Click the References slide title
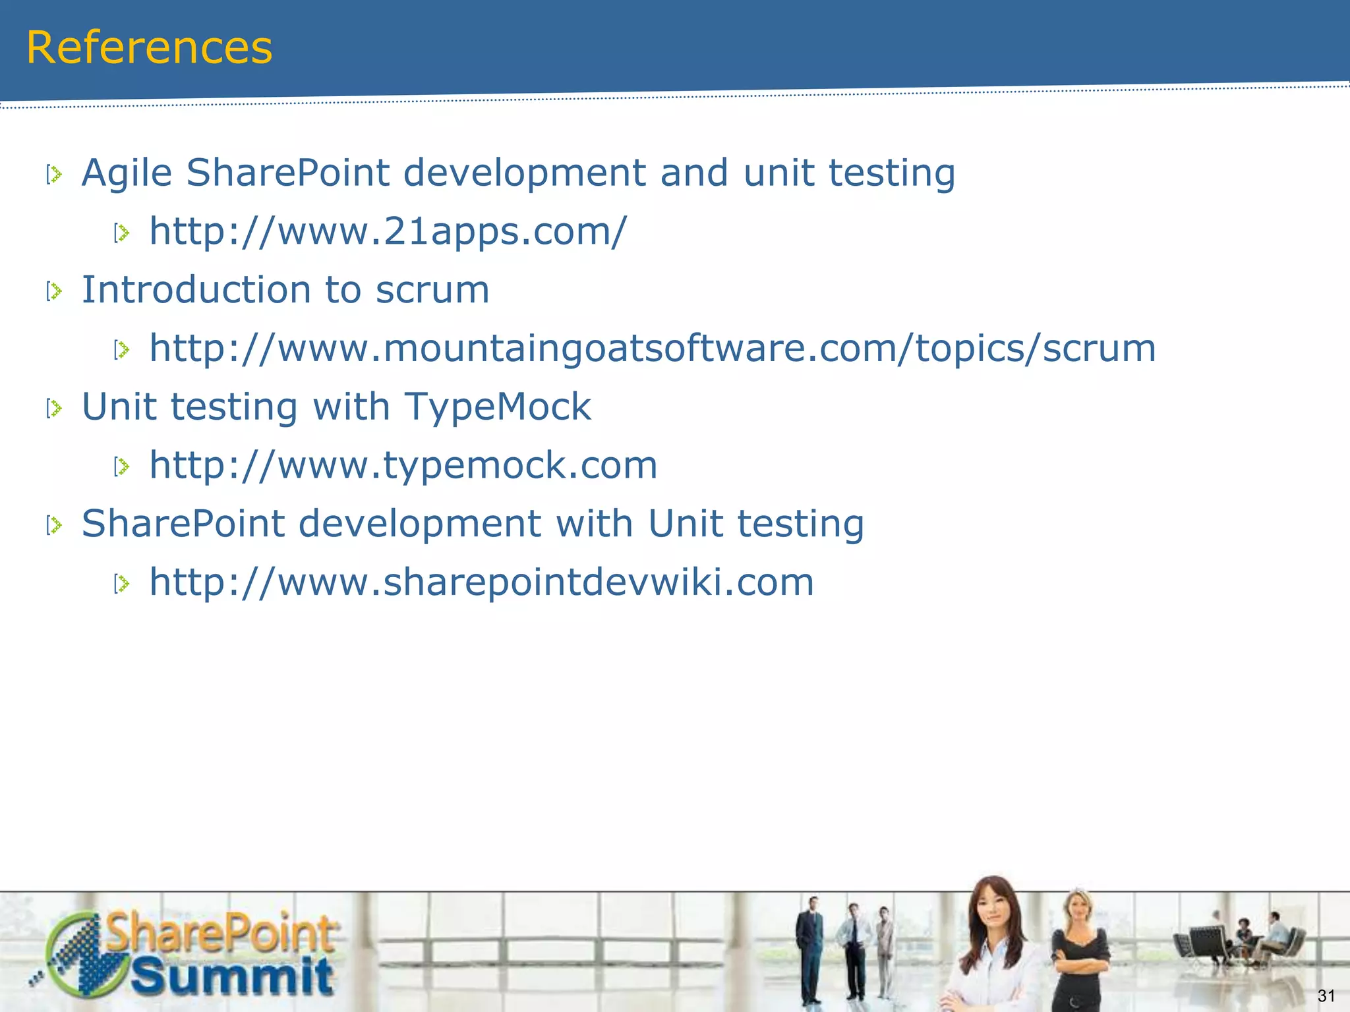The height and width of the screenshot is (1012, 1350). tap(149, 48)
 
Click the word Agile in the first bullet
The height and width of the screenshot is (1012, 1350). tap(127, 174)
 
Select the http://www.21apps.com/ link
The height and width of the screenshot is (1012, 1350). tap(388, 232)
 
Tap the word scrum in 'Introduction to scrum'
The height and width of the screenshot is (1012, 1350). tap(432, 291)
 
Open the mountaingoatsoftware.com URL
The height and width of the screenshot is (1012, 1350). tap(653, 349)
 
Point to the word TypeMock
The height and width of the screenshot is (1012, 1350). tap(498, 407)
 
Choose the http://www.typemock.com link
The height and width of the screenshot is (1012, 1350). tap(403, 465)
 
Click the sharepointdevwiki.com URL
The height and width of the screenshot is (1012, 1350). tap(482, 582)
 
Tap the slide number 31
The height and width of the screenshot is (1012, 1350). tap(1326, 996)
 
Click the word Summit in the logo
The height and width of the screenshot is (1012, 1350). tap(232, 977)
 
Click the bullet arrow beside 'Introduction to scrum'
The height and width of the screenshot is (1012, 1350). tap(54, 291)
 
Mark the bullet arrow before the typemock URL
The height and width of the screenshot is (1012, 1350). tap(122, 466)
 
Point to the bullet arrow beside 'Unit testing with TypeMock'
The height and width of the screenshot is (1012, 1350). tap(54, 408)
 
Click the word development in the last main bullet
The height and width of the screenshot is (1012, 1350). tap(420, 524)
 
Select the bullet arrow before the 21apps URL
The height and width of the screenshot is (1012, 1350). tap(122, 233)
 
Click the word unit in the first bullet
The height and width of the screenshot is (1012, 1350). tap(778, 173)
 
